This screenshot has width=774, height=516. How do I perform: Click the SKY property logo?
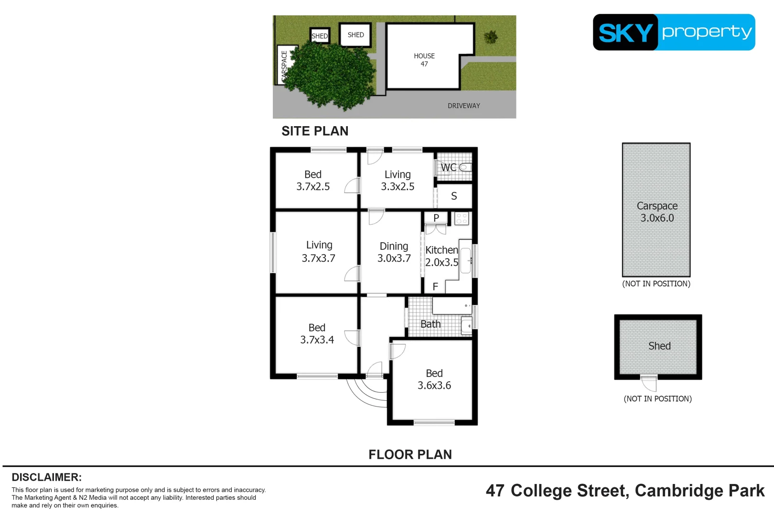click(674, 32)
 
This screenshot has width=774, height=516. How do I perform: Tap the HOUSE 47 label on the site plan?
click(424, 60)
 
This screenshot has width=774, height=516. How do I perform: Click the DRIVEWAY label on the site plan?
click(463, 106)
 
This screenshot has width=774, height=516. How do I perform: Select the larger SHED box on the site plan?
click(355, 35)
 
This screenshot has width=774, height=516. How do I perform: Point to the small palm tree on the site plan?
click(491, 37)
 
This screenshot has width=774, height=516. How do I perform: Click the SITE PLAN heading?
click(315, 131)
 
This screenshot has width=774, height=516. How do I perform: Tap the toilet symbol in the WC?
click(465, 167)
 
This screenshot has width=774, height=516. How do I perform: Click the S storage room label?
click(454, 196)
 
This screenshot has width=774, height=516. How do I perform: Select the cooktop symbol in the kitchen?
click(462, 219)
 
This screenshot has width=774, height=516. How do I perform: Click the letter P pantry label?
click(436, 218)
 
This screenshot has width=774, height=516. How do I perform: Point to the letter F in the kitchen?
click(435, 287)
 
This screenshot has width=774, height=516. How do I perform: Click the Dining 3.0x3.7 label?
click(394, 252)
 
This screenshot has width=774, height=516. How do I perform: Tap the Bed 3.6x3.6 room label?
click(434, 379)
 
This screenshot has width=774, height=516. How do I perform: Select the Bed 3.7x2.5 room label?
click(313, 181)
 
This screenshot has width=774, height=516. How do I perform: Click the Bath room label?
click(430, 324)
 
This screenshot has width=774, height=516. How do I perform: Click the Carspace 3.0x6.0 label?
click(657, 212)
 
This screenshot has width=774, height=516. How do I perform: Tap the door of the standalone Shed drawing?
click(649, 383)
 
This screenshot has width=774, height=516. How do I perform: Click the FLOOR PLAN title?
click(410, 454)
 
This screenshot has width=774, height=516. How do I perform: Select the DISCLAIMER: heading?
click(46, 477)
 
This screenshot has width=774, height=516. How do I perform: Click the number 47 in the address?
click(495, 491)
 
